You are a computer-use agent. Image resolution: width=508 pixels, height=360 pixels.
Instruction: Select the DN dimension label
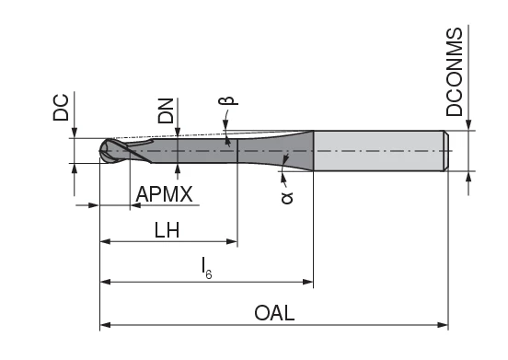166,111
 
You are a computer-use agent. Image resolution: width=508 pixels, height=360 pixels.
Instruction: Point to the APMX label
164,194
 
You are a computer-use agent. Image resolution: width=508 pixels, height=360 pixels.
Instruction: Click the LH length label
167,231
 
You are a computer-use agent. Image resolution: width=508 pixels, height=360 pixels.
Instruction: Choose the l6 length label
207,267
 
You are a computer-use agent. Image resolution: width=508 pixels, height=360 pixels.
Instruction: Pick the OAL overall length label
274,313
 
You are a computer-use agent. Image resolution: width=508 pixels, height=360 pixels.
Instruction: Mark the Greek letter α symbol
286,195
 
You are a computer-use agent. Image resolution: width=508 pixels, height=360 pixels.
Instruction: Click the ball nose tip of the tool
110,151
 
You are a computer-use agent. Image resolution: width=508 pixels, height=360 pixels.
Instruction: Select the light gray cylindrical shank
377,151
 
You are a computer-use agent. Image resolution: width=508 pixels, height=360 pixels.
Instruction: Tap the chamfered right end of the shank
447,151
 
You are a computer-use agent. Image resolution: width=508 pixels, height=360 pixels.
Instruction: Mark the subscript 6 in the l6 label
211,273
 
